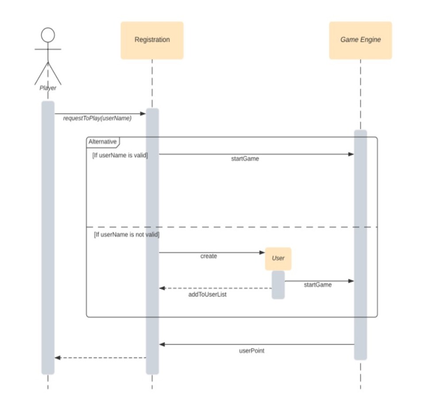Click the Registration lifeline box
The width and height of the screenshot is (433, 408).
pos(152,40)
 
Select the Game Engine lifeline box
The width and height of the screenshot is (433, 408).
pos(360,40)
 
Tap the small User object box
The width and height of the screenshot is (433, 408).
pos(278,259)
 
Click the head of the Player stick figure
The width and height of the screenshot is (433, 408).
pos(48,35)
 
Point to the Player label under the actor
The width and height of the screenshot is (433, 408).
pos(48,88)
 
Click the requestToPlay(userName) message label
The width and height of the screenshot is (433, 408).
pos(97,118)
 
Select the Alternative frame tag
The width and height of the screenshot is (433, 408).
pos(103,142)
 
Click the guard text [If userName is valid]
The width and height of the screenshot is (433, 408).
pos(120,156)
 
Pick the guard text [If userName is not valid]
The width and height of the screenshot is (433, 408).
pos(127,235)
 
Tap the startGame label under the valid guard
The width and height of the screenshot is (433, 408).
pos(245,159)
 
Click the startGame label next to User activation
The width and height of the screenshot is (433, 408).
pos(317,285)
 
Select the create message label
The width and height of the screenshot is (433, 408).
pos(209,256)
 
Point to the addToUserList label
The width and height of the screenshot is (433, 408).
pos(207,294)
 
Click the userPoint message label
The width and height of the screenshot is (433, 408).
pos(251,351)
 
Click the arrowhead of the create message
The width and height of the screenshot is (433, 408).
pos(262,253)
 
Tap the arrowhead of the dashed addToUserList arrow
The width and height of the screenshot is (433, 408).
pos(162,288)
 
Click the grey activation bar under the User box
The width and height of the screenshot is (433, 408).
pos(278,285)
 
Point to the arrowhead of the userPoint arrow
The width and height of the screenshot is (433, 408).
pos(162,344)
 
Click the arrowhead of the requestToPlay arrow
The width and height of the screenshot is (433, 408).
pos(143,114)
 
